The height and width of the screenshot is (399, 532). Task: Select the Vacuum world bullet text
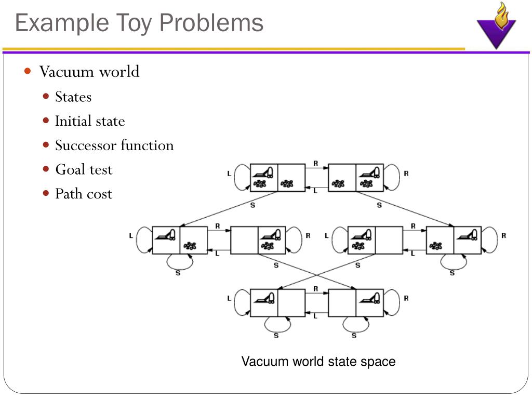[89, 71]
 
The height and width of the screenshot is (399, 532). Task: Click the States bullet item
[73, 97]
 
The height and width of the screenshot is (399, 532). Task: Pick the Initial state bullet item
[90, 121]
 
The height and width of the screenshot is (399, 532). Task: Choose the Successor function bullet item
[114, 145]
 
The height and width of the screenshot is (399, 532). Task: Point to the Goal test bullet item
[84, 169]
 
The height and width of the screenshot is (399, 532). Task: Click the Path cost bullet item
[84, 194]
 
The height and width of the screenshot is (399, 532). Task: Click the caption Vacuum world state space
[318, 362]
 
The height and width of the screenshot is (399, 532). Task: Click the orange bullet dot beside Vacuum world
[28, 71]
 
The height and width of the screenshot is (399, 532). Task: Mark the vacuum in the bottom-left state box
[264, 298]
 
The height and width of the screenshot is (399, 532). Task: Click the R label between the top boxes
[315, 163]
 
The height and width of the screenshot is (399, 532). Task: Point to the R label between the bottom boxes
[315, 289]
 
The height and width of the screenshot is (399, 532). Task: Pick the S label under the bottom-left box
[276, 335]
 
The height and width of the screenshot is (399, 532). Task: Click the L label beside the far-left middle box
[131, 235]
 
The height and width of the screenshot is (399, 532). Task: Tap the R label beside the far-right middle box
[503, 235]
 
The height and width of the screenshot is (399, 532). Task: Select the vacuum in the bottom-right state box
[370, 298]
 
